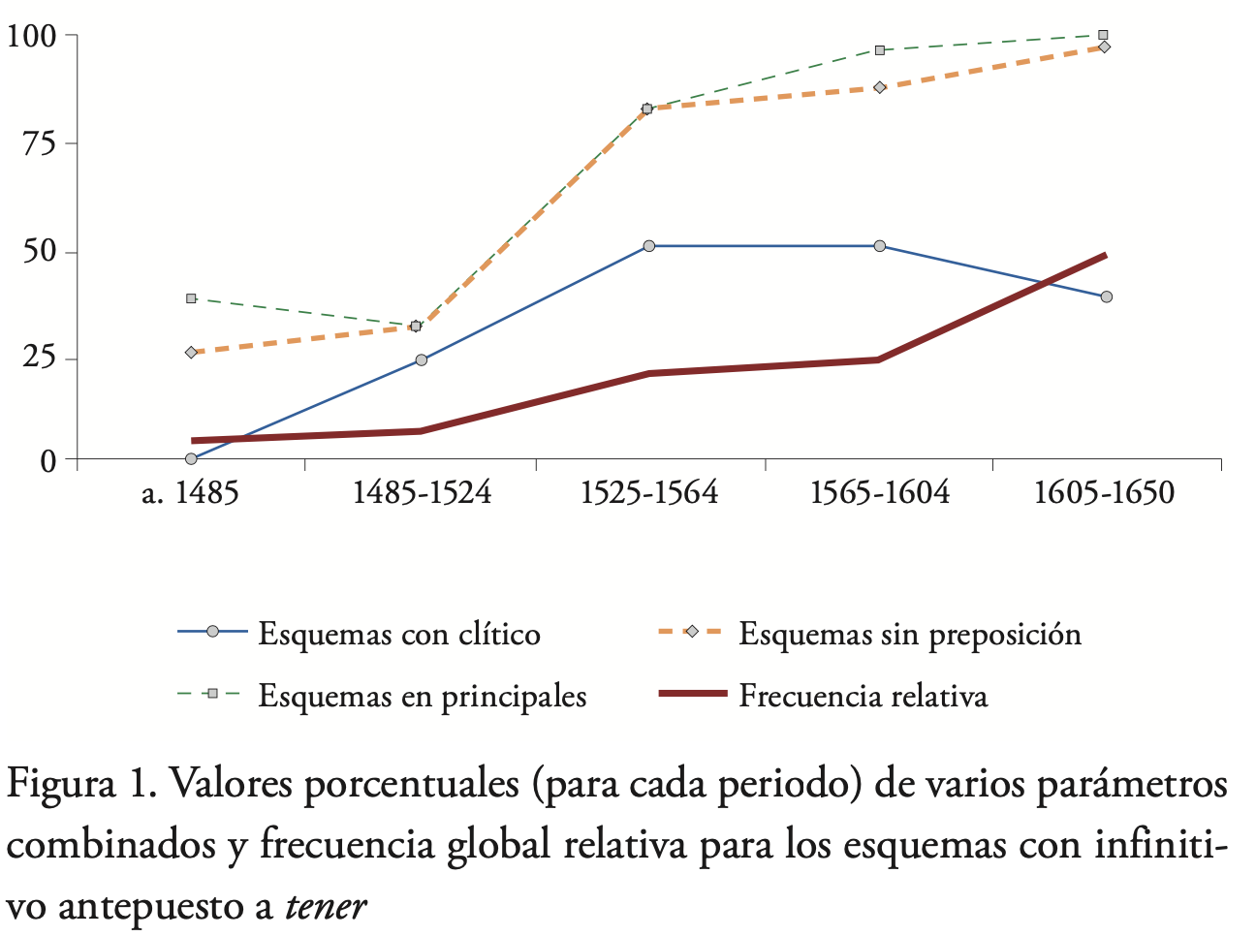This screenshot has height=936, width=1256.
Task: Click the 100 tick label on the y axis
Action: click(31, 36)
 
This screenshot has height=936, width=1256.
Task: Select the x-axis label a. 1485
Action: click(190, 493)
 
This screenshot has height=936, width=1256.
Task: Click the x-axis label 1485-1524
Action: click(421, 493)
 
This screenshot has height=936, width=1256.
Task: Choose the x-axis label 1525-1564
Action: click(649, 493)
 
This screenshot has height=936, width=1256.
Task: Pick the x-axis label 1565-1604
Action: click(879, 493)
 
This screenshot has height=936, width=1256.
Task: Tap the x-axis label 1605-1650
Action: click(1104, 493)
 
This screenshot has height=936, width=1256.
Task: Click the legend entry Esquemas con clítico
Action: click(398, 634)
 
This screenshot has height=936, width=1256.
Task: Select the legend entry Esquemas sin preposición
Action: click(909, 634)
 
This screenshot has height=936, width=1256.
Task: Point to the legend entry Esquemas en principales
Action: click(422, 696)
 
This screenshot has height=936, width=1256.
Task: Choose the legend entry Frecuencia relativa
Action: click(863, 696)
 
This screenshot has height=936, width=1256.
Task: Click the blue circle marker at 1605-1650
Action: click(1106, 296)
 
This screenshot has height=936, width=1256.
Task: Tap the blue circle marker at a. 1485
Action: click(191, 458)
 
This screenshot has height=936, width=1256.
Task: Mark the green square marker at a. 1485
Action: click(191, 298)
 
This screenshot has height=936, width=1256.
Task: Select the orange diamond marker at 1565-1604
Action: click(879, 87)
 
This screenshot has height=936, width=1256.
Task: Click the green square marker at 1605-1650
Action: click(1103, 35)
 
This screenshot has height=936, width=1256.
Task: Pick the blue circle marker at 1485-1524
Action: click(421, 359)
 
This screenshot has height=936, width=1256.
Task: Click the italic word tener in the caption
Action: click(326, 907)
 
